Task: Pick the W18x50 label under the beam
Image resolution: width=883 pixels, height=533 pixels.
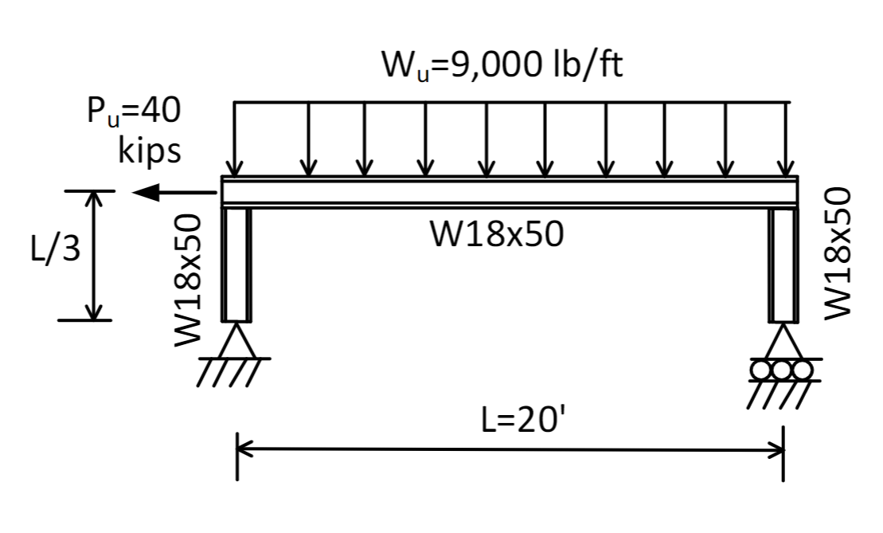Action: (498, 233)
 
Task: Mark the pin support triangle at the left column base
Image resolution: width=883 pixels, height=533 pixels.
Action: (236, 340)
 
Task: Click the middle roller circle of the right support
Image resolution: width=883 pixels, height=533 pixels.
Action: (783, 370)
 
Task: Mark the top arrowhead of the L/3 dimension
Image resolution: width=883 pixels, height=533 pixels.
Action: (96, 199)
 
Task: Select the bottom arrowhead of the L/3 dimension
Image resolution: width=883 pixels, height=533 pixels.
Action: (96, 312)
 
